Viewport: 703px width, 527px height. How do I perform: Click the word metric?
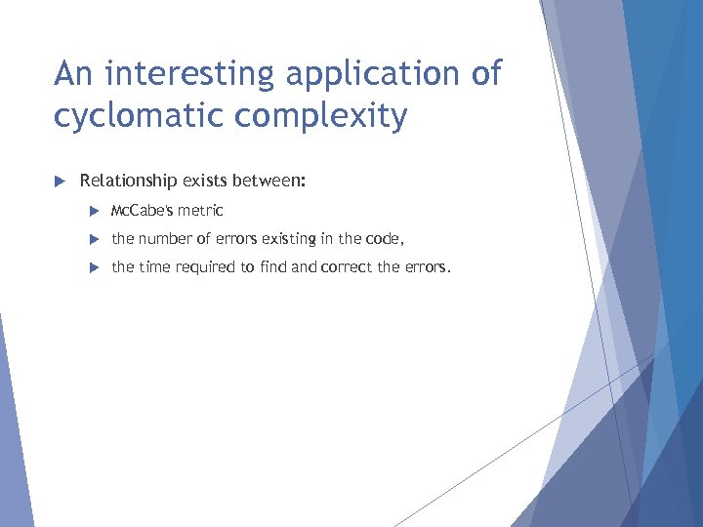[200, 210]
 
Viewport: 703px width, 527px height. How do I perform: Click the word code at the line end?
[378, 238]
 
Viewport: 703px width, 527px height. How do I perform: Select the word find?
[272, 266]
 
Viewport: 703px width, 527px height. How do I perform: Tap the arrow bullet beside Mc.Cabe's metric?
[95, 210]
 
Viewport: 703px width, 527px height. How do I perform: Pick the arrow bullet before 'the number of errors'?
[95, 238]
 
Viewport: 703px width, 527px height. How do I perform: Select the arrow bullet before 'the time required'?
[95, 266]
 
